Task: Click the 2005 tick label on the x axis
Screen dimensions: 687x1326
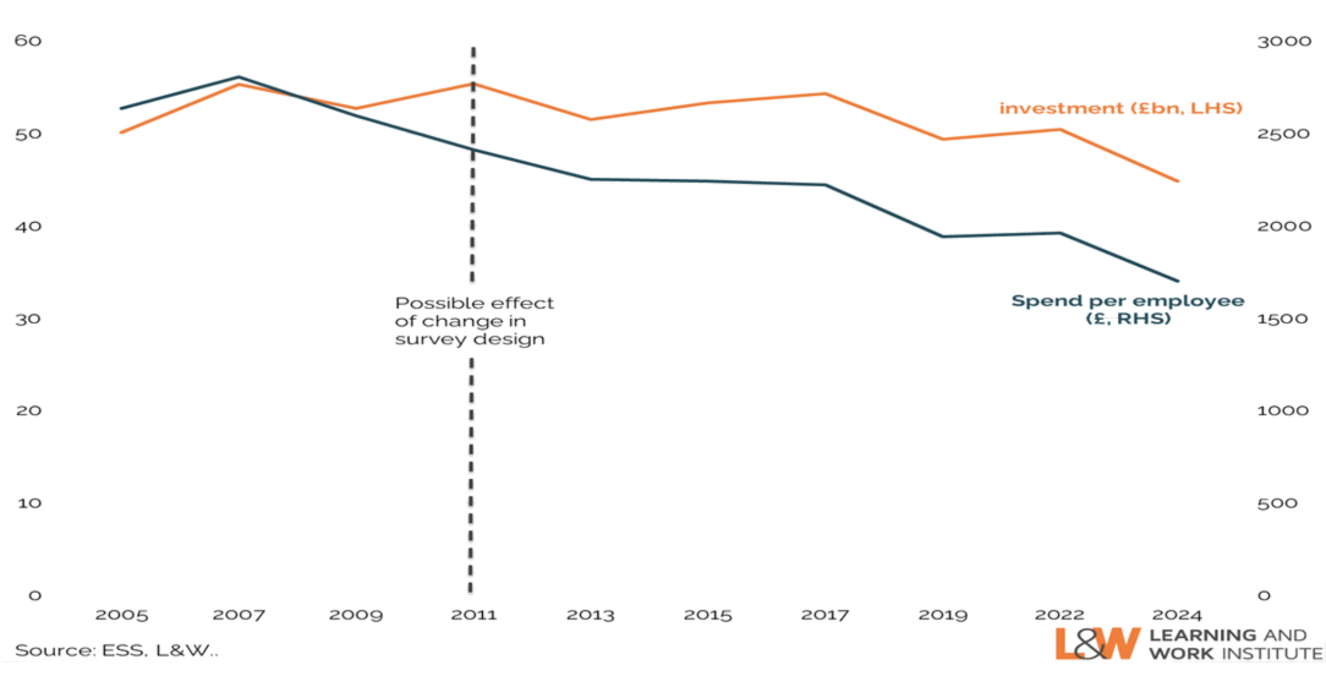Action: (x=122, y=615)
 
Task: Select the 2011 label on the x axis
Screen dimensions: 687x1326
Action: (x=474, y=615)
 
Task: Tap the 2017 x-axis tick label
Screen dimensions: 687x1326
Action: (x=825, y=615)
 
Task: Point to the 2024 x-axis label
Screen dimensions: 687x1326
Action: (x=1176, y=615)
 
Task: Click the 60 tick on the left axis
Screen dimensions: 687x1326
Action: (x=28, y=41)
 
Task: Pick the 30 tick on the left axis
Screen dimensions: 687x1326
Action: (x=28, y=319)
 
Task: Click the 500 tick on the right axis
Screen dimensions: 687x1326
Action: (x=1277, y=503)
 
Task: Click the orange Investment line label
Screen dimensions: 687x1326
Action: (x=1120, y=108)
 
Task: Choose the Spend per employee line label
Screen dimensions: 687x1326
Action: (x=1128, y=309)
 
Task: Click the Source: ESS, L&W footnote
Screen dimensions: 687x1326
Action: (x=117, y=651)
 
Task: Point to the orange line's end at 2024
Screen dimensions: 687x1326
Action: (x=1179, y=181)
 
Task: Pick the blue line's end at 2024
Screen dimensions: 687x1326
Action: (x=1179, y=281)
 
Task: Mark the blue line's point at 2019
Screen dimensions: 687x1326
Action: (x=943, y=237)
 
